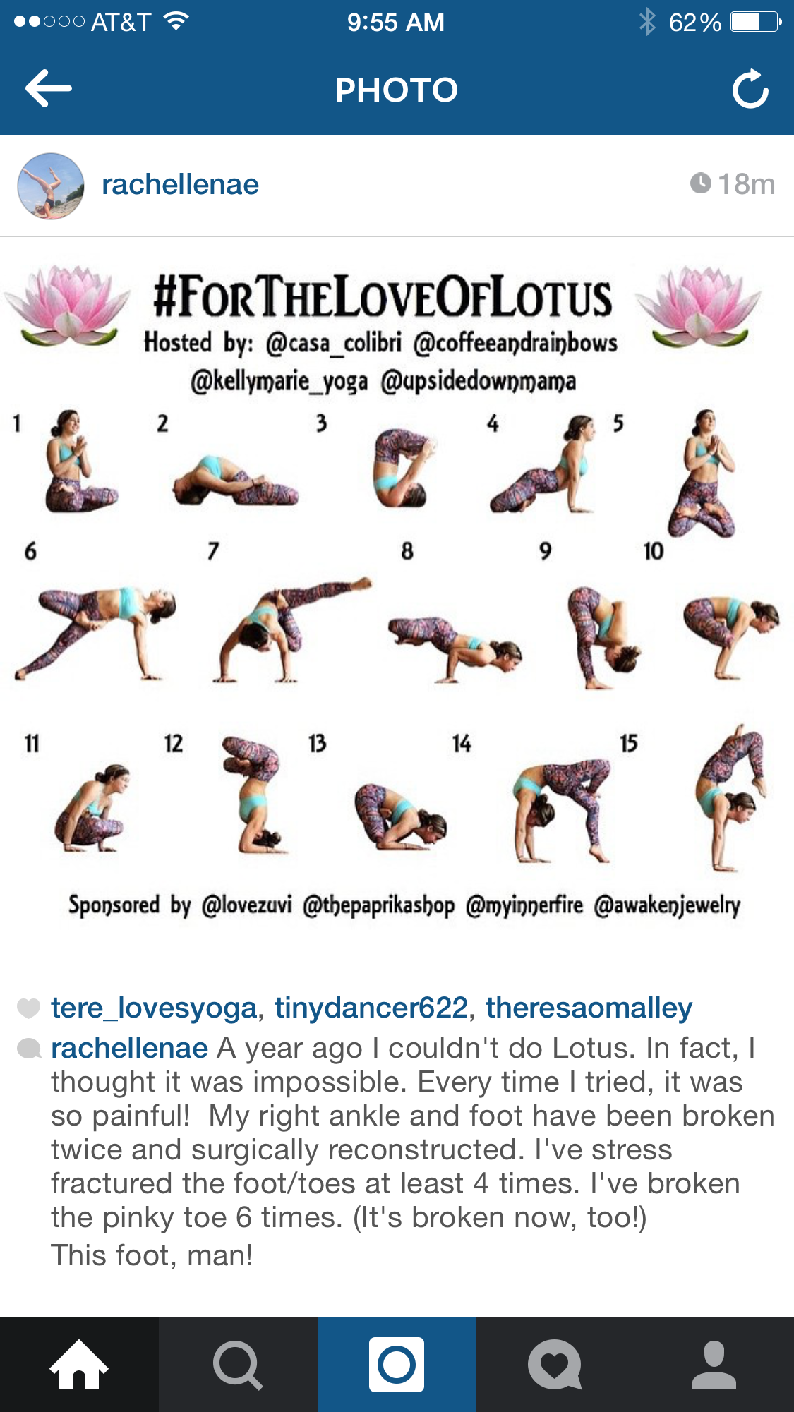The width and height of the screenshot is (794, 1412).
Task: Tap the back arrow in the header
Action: point(48,88)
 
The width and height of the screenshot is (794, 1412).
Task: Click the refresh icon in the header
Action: point(750,89)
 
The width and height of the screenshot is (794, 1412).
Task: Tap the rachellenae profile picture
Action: point(51,186)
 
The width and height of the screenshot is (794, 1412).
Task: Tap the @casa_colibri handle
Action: point(334,343)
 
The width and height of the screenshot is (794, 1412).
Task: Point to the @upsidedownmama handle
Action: point(479,382)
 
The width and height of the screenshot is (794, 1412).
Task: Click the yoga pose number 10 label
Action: point(654,551)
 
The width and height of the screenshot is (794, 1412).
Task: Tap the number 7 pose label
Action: point(213,551)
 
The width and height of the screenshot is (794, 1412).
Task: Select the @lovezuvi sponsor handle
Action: point(247,905)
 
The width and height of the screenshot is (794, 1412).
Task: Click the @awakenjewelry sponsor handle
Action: point(667,905)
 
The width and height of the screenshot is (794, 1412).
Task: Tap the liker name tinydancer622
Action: point(371,1008)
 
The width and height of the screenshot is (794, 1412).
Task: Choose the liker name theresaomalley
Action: point(589,1008)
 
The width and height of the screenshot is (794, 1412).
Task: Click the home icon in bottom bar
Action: point(79,1364)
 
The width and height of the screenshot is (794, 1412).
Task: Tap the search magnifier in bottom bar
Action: point(238,1365)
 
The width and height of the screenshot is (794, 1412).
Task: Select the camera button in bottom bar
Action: point(397,1364)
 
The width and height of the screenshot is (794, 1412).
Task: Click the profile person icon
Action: point(714,1365)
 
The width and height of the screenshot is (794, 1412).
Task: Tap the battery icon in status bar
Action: point(756,22)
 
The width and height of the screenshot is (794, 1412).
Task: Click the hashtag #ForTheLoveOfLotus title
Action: point(383,298)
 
